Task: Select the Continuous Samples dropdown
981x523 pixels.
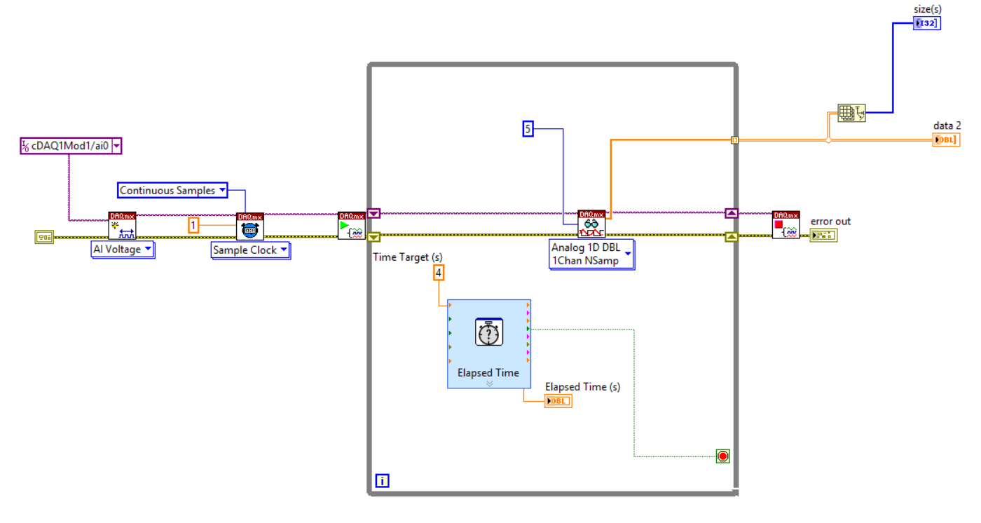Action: coord(172,190)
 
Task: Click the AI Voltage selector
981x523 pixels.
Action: coord(123,250)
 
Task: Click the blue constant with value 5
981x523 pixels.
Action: coord(528,128)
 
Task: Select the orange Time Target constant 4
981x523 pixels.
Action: coord(439,273)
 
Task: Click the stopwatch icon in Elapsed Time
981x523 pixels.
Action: coord(488,332)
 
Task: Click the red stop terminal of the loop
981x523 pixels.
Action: coord(723,456)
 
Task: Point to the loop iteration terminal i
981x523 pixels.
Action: coord(383,480)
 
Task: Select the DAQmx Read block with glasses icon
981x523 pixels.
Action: coord(591,224)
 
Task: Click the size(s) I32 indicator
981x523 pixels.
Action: coord(926,23)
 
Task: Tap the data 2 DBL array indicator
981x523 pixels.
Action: coord(946,140)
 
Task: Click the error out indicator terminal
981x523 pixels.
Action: coord(823,236)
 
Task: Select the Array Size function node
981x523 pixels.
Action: coord(851,112)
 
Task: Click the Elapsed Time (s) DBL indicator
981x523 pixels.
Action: coord(558,400)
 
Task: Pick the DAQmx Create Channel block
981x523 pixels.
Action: coord(122,225)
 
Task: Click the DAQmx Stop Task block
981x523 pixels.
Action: coord(786,224)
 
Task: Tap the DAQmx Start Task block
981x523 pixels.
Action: coord(351,225)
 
